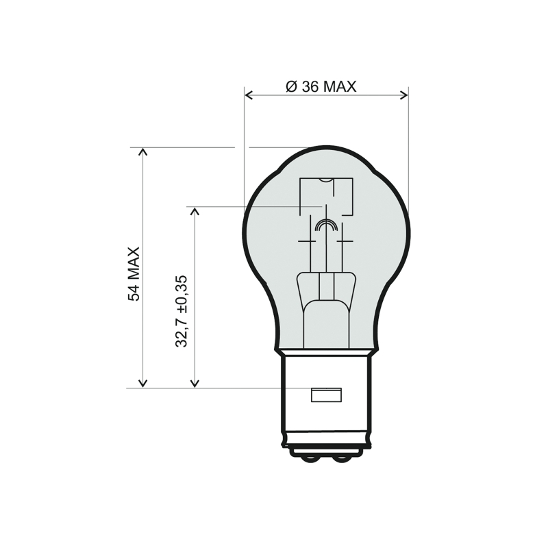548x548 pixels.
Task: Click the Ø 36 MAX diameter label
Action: tap(321, 87)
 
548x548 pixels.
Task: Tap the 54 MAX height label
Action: tap(134, 274)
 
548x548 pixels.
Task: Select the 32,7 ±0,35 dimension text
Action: tap(182, 312)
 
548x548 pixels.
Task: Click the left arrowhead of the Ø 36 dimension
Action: tap(249, 95)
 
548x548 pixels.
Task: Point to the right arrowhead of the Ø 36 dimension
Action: tap(404, 95)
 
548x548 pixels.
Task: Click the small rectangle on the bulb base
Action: tap(326, 395)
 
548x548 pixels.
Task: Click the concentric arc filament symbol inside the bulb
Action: tap(326, 225)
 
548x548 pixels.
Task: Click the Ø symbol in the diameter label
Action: tap(290, 87)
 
